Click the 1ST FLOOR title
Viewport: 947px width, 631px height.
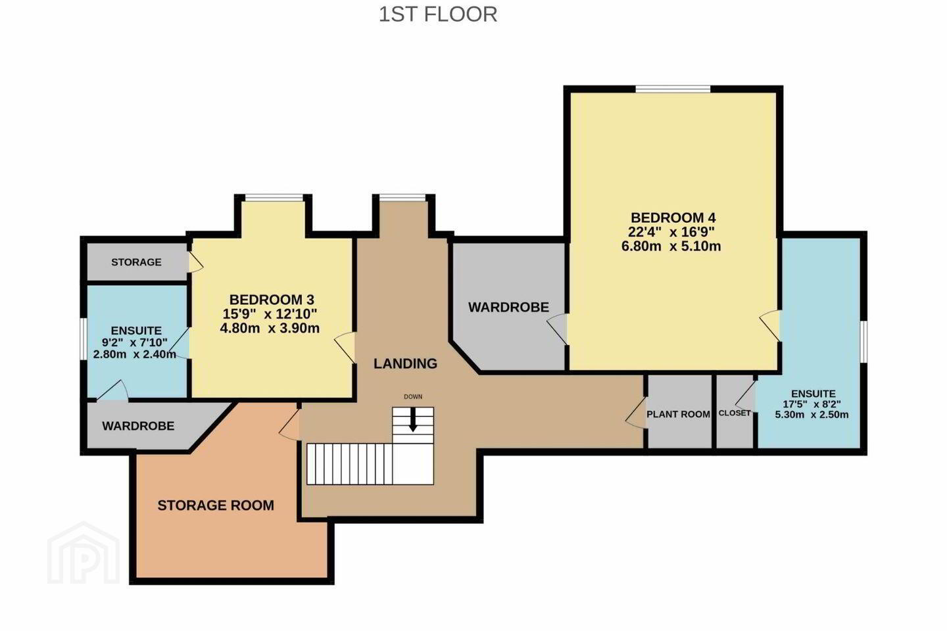coord(437,14)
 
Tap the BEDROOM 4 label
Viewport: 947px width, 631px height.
coord(673,218)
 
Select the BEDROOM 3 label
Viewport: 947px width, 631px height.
coord(272,300)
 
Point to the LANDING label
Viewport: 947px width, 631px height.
coord(405,363)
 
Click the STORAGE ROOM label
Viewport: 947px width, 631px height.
coord(216,505)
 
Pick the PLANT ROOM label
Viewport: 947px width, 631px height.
coord(678,414)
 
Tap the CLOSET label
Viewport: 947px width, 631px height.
coord(735,413)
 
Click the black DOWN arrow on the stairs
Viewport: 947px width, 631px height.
coord(413,419)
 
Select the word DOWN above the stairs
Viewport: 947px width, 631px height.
coord(413,397)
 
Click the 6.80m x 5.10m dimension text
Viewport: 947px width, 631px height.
coord(671,246)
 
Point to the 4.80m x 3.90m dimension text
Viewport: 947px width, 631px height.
coord(270,328)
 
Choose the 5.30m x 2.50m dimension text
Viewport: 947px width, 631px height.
coord(812,415)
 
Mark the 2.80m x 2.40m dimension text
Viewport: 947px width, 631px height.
coord(134,354)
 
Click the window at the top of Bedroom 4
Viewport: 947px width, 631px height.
coord(673,89)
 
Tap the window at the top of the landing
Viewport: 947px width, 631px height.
coord(402,197)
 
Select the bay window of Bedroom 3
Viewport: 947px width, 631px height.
coord(274,197)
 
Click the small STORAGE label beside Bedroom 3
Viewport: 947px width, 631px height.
coord(136,262)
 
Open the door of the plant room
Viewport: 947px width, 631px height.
coord(636,413)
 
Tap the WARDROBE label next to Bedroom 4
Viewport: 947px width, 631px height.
coord(508,307)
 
